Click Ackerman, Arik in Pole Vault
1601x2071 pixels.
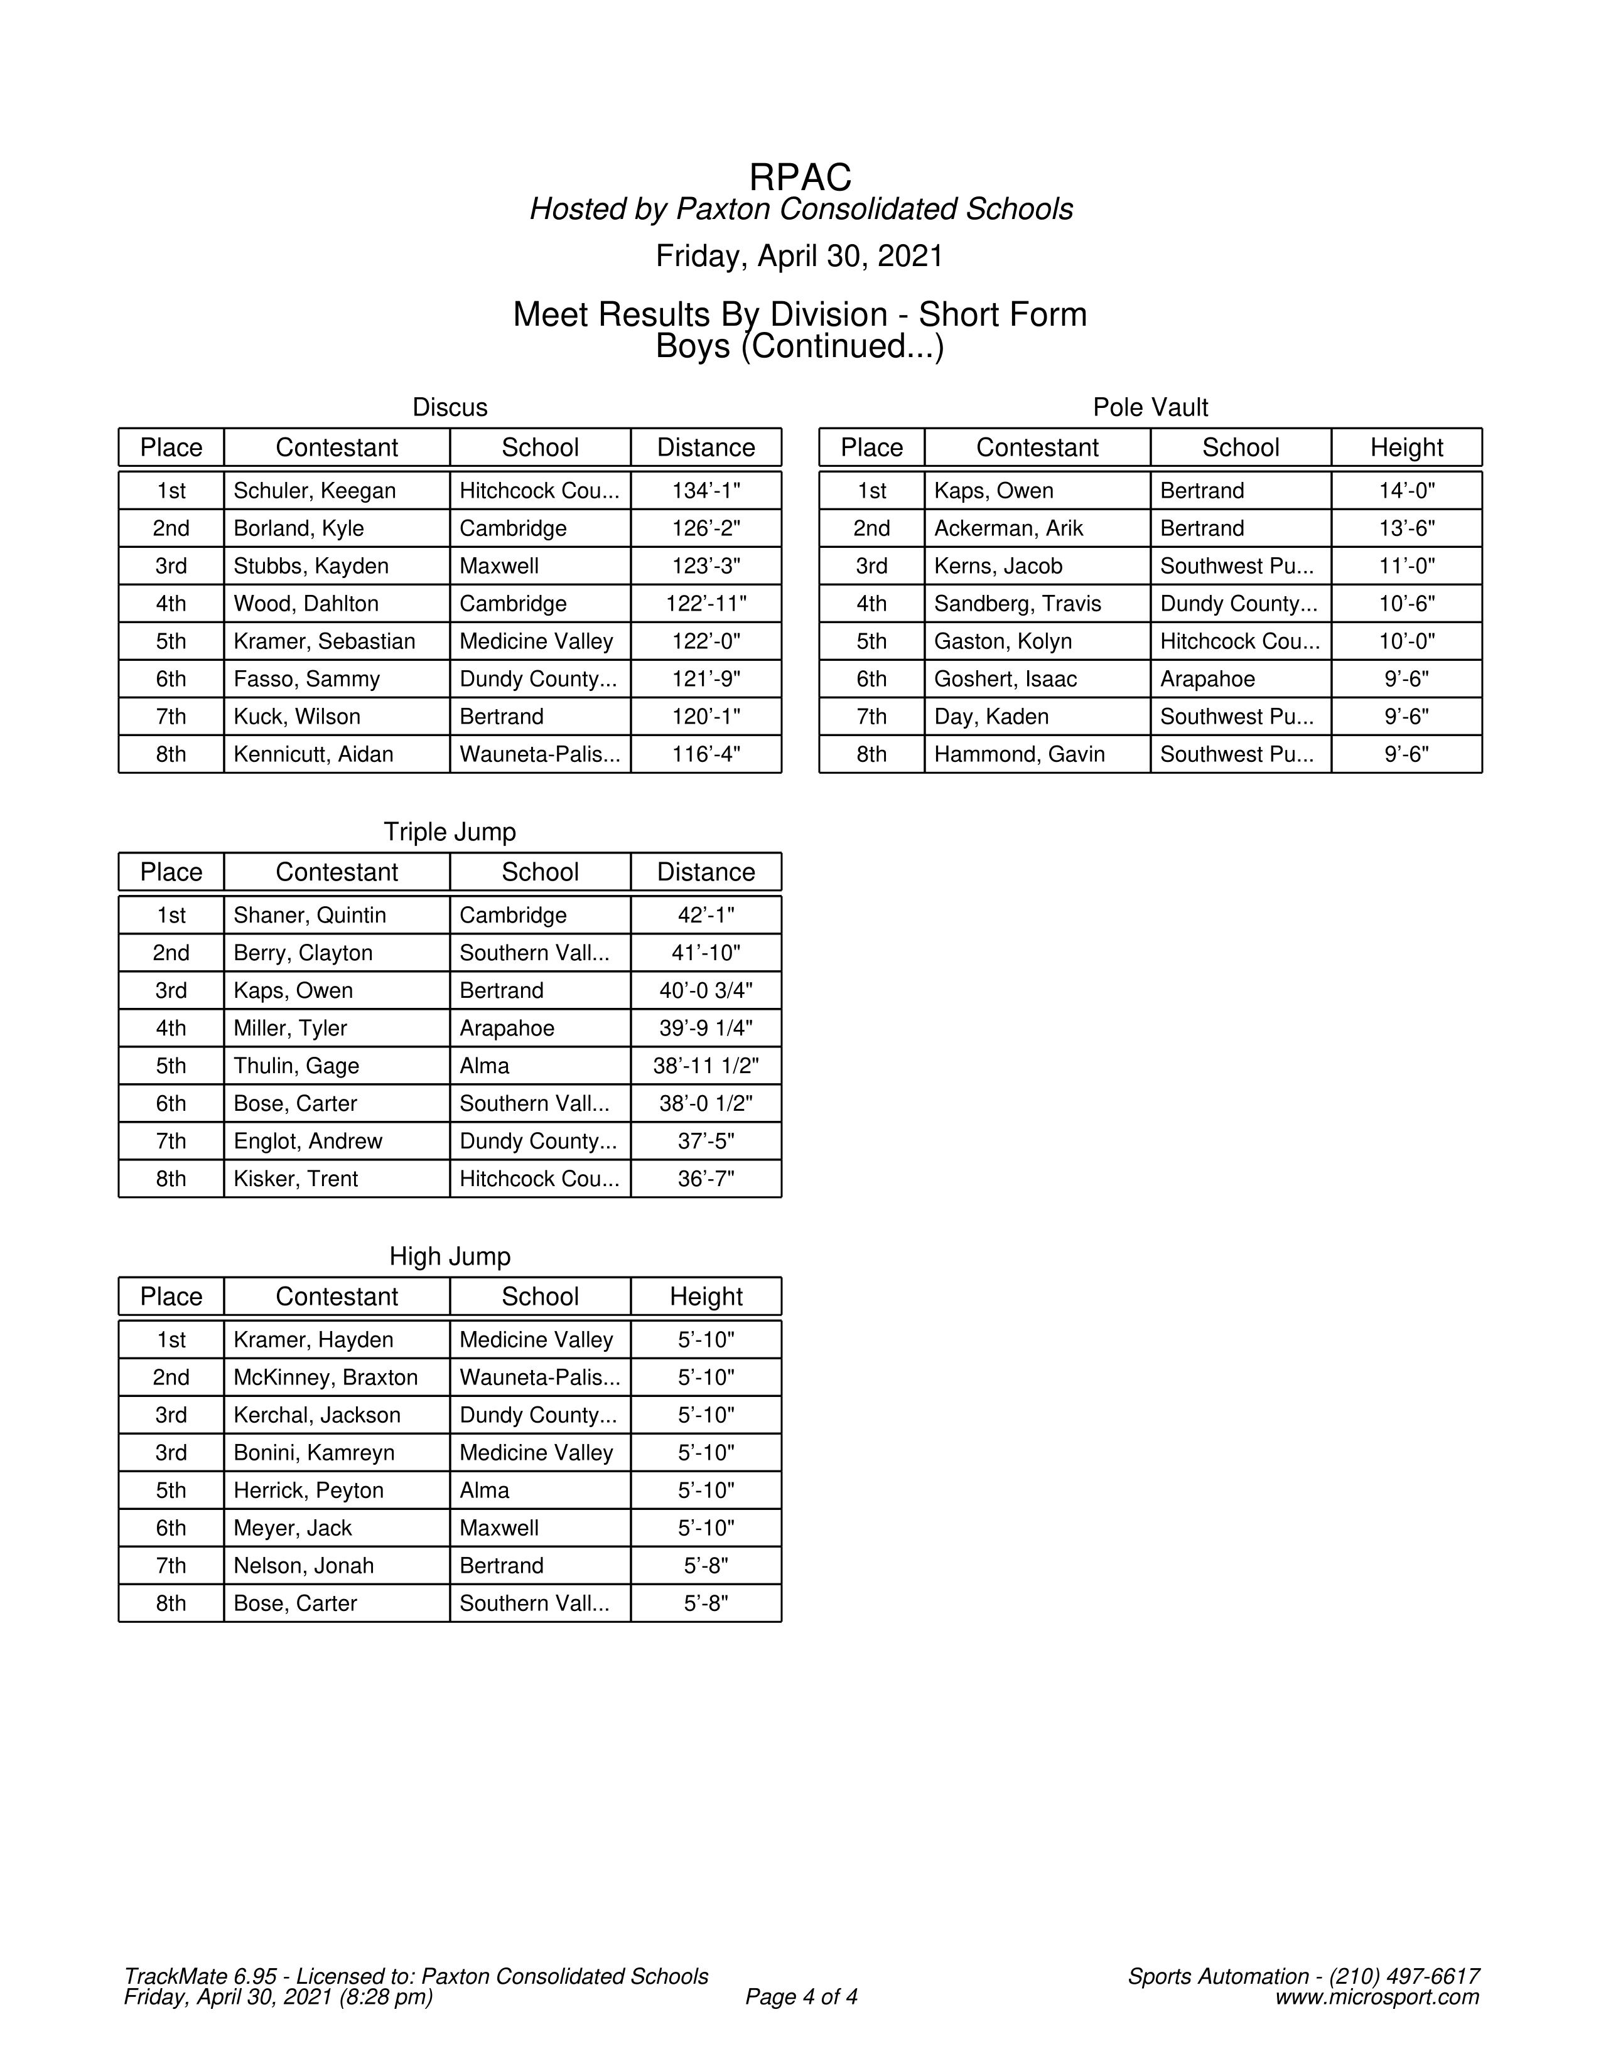1008,528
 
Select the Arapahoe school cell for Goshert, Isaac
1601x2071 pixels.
1207,679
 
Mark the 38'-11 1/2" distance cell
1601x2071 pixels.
706,1066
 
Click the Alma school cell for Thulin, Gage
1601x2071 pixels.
485,1066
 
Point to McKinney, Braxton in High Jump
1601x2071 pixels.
325,1377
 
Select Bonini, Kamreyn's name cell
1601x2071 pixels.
314,1453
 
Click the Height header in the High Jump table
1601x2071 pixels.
706,1297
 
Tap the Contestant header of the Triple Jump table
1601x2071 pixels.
337,872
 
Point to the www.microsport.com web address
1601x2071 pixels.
1376,1996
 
